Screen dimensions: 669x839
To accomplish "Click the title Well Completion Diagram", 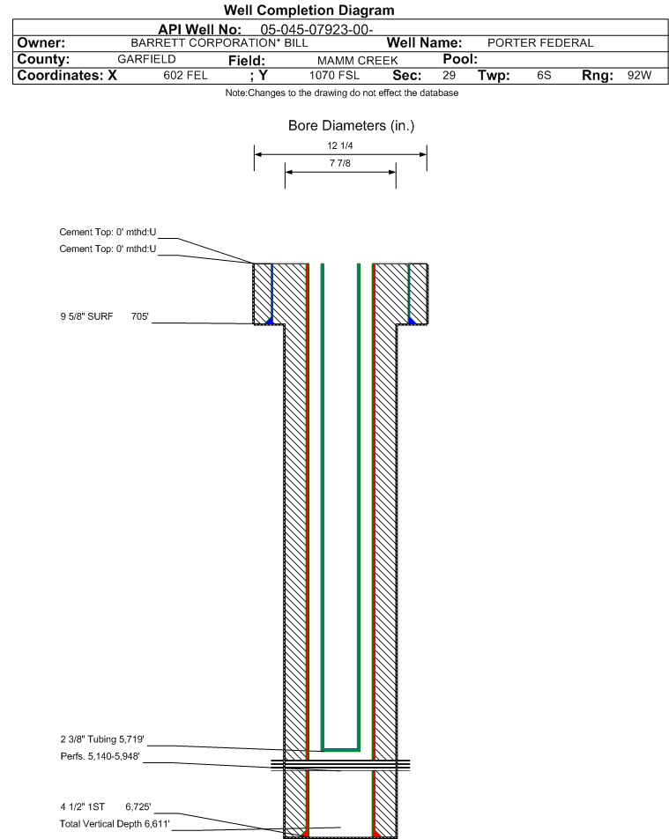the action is [308, 11].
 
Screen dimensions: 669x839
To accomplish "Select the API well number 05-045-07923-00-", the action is [316, 29].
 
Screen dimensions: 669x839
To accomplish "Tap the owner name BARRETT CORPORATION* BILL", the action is [219, 43].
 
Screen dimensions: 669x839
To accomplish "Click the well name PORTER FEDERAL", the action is [540, 43].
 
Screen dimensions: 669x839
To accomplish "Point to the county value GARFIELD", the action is [146, 59].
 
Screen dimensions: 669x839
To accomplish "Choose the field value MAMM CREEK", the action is [358, 61].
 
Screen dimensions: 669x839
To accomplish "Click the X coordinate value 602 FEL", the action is [185, 76].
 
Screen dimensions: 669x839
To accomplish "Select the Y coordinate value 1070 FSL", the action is [335, 76].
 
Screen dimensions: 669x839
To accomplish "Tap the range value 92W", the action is [640, 76].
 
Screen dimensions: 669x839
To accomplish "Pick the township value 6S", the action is [544, 76].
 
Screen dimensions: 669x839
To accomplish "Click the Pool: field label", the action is [460, 59].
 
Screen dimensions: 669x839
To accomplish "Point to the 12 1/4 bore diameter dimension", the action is [340, 145].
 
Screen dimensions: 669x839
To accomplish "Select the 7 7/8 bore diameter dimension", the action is [340, 163].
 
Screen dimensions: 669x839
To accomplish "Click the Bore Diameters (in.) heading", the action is [351, 126].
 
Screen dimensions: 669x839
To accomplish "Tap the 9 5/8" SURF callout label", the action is [86, 316].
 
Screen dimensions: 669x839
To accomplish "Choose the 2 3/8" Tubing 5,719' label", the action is [102, 739].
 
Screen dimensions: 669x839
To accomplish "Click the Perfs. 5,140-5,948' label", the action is [100, 756].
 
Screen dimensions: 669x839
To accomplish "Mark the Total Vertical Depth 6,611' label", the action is [115, 823].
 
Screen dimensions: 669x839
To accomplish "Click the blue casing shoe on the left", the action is [269, 321].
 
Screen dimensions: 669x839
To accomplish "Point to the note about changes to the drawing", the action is [341, 93].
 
